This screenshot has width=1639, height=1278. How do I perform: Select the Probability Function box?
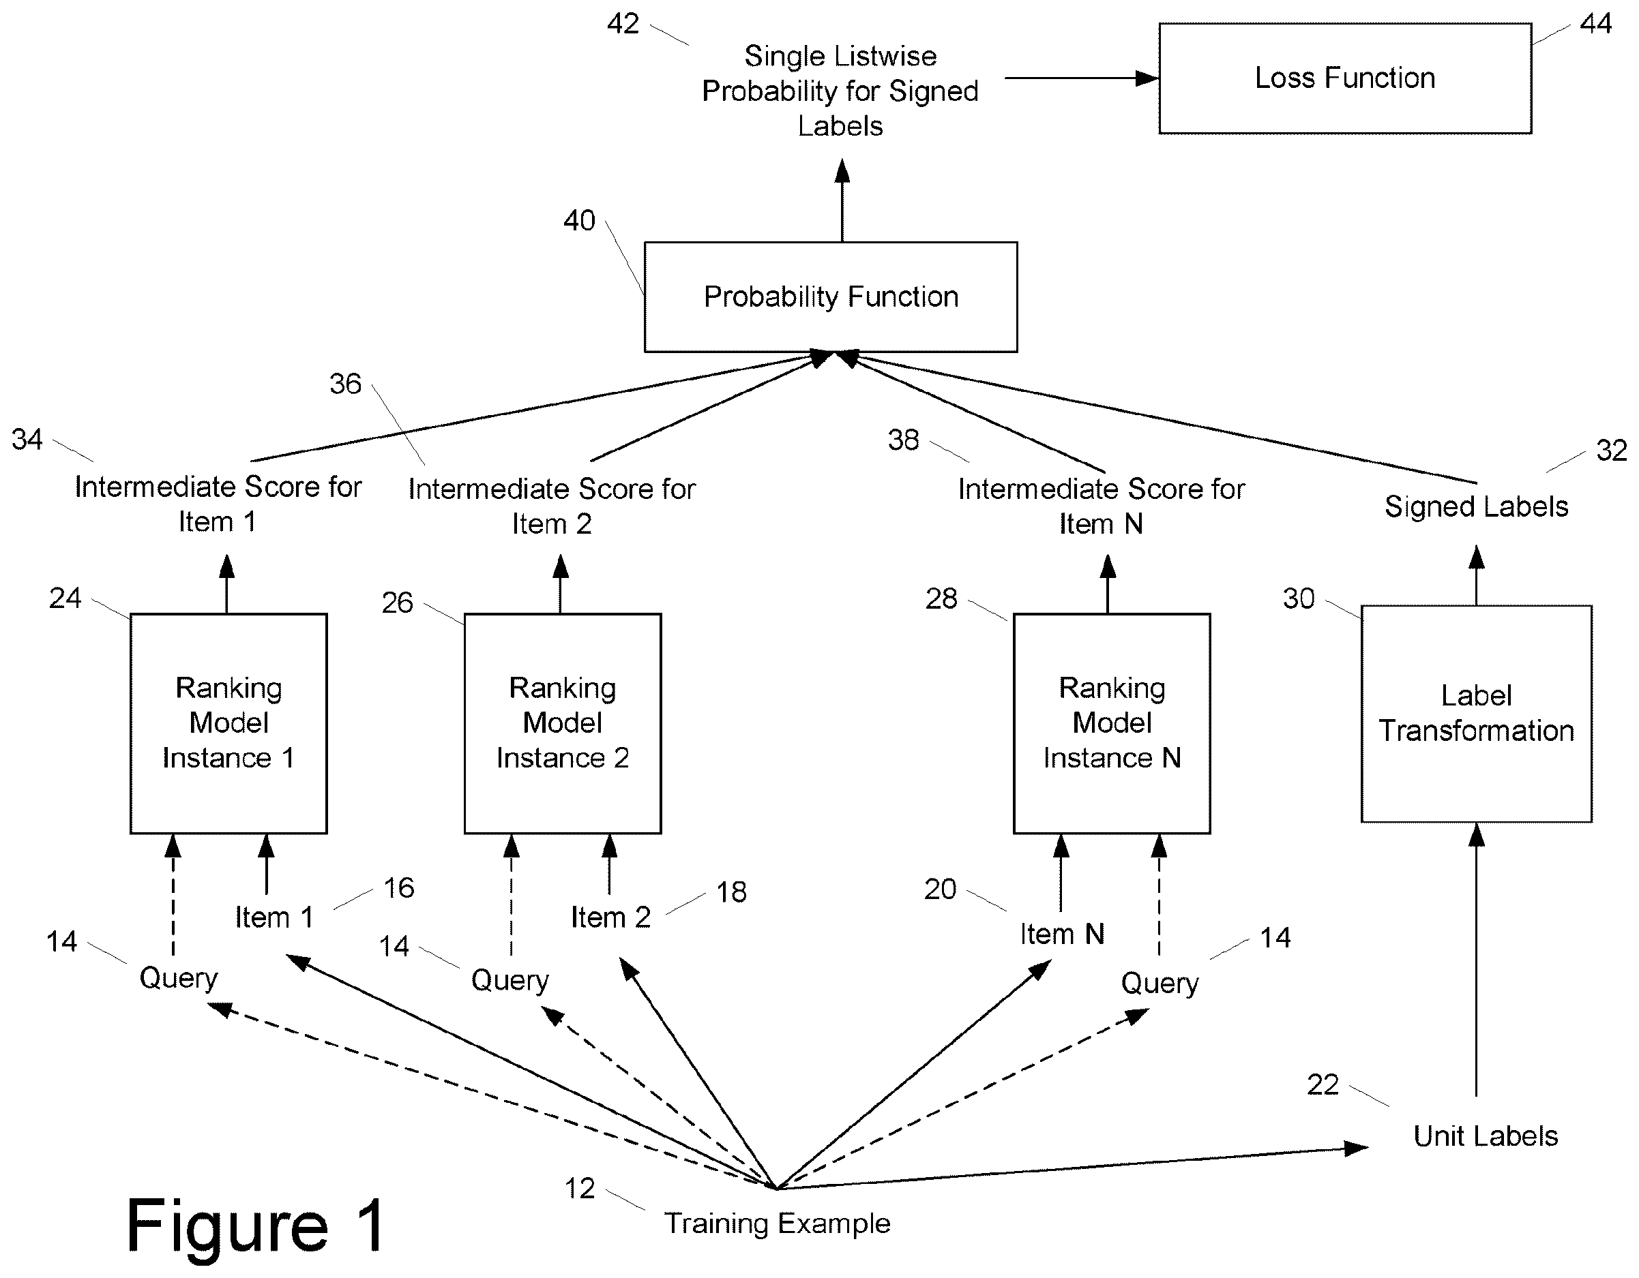tap(831, 297)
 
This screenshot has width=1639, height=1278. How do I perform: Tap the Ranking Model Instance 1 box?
tap(229, 724)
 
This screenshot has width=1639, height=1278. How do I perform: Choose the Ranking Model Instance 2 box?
tap(563, 724)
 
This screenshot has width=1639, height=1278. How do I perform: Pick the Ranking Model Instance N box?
tap(1112, 724)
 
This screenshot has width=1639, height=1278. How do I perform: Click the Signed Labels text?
tap(1476, 508)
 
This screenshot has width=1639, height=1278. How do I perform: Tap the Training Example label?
tap(778, 1224)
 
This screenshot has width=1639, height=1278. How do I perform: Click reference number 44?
tap(1595, 24)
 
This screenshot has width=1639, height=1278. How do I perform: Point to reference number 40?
tap(579, 221)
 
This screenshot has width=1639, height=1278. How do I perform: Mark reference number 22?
tap(1323, 1084)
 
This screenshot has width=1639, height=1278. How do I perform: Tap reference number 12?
tap(579, 1189)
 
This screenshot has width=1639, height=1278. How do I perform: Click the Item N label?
tap(1062, 934)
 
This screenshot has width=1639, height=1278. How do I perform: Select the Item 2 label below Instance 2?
tap(611, 917)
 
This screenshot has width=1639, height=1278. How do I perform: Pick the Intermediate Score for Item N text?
tap(1102, 506)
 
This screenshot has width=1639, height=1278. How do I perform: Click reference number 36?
tap(345, 384)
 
